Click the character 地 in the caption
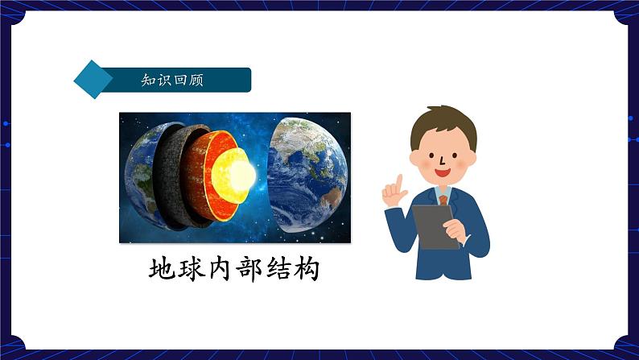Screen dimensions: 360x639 pyautogui.click(x=163, y=269)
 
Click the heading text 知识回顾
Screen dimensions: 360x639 pyautogui.click(x=171, y=81)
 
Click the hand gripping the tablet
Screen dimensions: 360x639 pyautogui.click(x=456, y=229)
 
